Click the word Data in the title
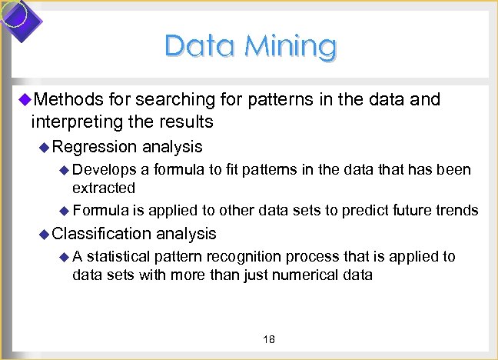200,46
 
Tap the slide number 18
269,340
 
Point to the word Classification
102,233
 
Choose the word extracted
104,188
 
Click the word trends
457,210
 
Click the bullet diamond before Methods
24,99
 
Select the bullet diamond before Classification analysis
45,233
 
